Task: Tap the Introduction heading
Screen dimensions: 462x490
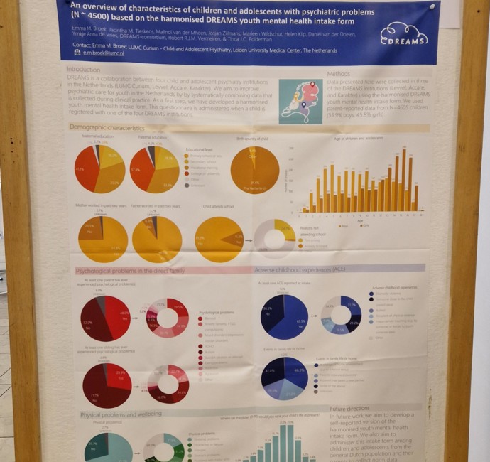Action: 83,69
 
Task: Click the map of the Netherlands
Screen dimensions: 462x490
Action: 298,100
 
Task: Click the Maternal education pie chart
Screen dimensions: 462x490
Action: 100,168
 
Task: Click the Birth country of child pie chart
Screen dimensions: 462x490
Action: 254,169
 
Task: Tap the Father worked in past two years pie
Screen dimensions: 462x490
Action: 157,240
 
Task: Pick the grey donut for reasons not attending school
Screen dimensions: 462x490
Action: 274,239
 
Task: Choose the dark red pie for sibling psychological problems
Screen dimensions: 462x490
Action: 107,384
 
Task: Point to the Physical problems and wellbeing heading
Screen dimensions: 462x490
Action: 121,414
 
